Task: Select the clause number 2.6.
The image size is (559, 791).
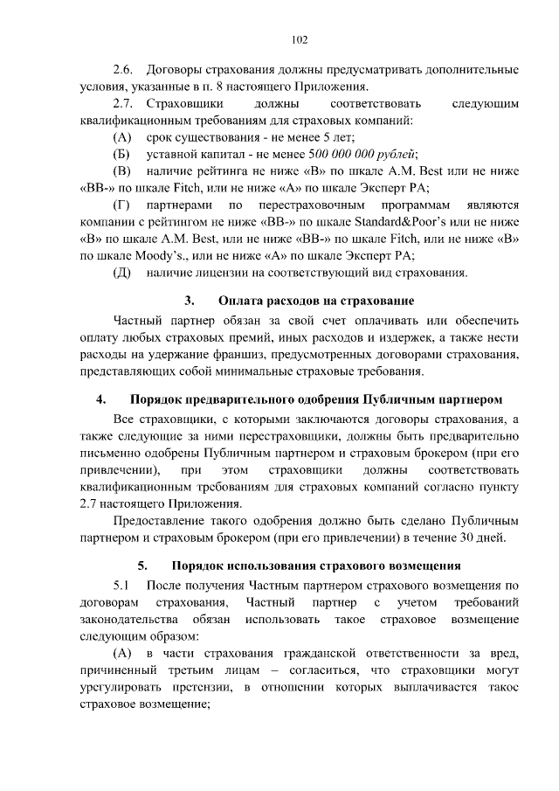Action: click(x=124, y=69)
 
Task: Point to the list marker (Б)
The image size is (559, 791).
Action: click(x=122, y=153)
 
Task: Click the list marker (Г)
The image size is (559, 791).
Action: click(x=122, y=205)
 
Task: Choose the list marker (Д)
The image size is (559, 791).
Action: click(x=122, y=273)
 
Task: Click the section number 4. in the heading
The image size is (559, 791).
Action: click(x=101, y=400)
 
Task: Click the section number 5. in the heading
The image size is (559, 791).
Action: click(x=142, y=565)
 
